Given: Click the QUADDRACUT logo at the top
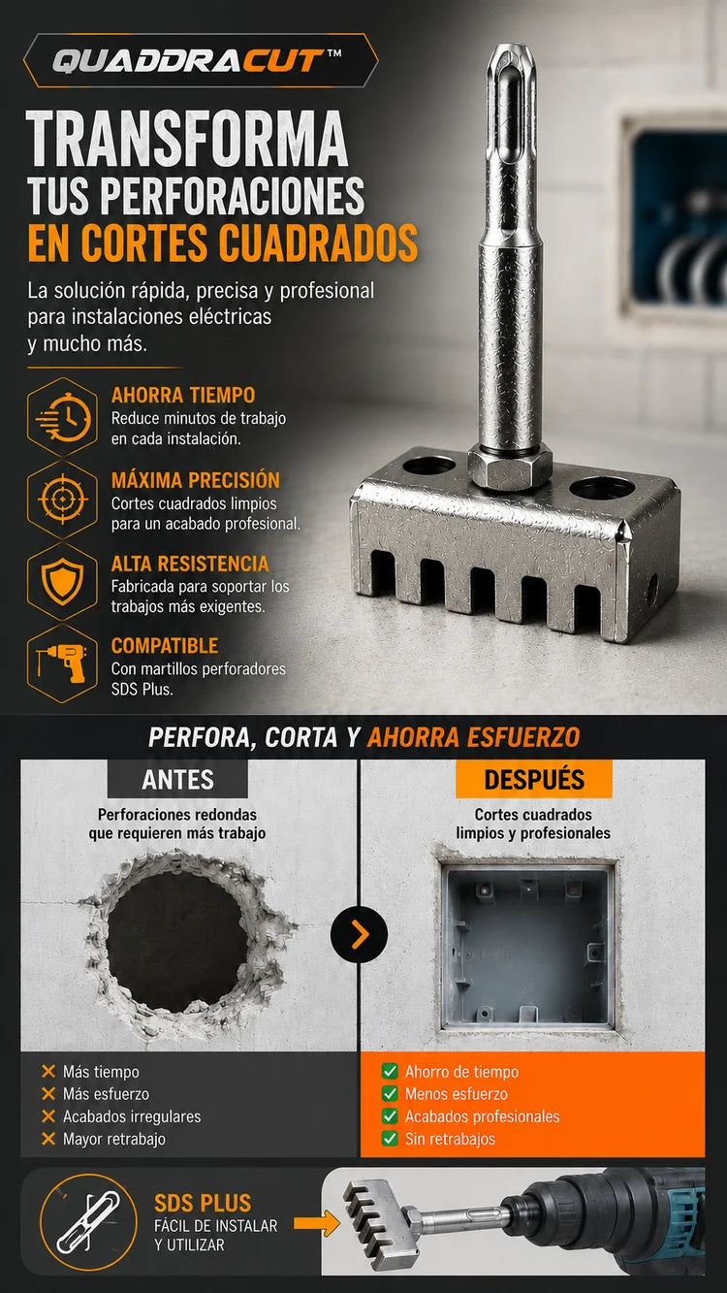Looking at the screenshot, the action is tap(197, 60).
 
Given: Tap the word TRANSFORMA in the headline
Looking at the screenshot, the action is tap(187, 139).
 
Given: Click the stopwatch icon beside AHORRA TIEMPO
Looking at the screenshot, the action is tap(62, 417).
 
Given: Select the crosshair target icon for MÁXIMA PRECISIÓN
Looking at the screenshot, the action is tap(62, 499).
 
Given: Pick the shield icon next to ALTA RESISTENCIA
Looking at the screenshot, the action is tap(62, 581).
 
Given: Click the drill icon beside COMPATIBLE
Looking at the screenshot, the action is tap(62, 663).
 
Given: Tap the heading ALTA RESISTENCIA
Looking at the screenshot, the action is tap(190, 564).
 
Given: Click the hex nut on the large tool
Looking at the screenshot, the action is tap(510, 466).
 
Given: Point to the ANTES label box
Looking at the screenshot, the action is tap(177, 779).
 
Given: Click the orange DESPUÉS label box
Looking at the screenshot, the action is tap(534, 779).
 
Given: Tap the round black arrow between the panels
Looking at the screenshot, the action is tap(359, 934).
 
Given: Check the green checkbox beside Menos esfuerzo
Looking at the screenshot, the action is tap(390, 1093).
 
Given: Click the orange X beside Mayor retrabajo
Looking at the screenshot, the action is tap(48, 1139).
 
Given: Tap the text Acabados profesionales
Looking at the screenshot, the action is tap(483, 1116).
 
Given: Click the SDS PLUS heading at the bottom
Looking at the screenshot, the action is tap(203, 1203).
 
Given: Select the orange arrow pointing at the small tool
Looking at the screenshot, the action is tap(316, 1223).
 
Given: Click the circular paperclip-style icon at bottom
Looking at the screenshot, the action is tap(88, 1222).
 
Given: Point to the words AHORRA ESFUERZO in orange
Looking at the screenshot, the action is tap(474, 737).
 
